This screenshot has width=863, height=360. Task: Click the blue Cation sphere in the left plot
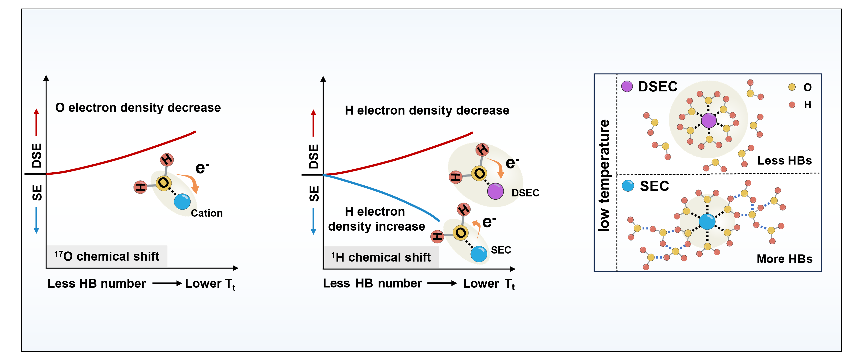tap(182, 201)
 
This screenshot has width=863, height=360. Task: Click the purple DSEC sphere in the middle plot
tap(495, 191)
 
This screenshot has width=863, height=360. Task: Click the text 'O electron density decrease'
tap(138, 108)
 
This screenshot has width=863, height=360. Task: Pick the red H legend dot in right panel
tap(792, 105)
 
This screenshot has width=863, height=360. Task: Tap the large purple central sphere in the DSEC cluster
tap(709, 120)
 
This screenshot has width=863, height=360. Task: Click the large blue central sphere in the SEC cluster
tap(707, 222)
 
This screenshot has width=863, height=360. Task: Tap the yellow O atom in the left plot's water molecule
tap(164, 183)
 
